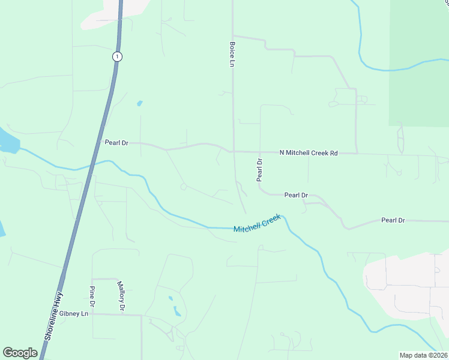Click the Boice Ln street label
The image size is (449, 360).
tap(231, 54)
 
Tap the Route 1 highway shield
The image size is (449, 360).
tap(116, 56)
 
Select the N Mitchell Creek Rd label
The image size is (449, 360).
tap(309, 153)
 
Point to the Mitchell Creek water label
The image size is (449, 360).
tap(257, 224)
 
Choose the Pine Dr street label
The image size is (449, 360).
tap(92, 295)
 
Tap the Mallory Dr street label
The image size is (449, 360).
tap(121, 296)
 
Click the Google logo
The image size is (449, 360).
tap(20, 353)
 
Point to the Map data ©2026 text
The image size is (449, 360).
tap(423, 355)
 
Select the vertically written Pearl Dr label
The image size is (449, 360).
tap(260, 170)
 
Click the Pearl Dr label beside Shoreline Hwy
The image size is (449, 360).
tap(116, 143)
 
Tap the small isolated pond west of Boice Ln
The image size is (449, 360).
tap(140, 103)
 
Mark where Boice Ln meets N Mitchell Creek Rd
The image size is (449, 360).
tap(233, 152)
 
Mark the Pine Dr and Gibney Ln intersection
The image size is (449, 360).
tap(92, 314)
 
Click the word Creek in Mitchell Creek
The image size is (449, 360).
tap(270, 220)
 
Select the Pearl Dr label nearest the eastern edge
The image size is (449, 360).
tap(393, 220)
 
